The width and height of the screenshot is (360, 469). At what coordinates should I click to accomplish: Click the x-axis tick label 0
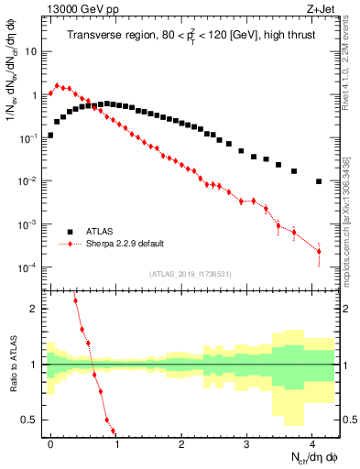[50, 442]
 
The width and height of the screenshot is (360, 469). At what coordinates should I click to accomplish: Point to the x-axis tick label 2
[181, 442]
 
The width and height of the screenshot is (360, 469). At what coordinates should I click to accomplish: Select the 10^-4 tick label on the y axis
[29, 267]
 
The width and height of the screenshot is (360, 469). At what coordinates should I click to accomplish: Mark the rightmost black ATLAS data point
[319, 181]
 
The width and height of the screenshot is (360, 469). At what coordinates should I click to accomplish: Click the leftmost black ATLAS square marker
[50, 135]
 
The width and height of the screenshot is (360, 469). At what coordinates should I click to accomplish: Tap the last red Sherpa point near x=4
[319, 251]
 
